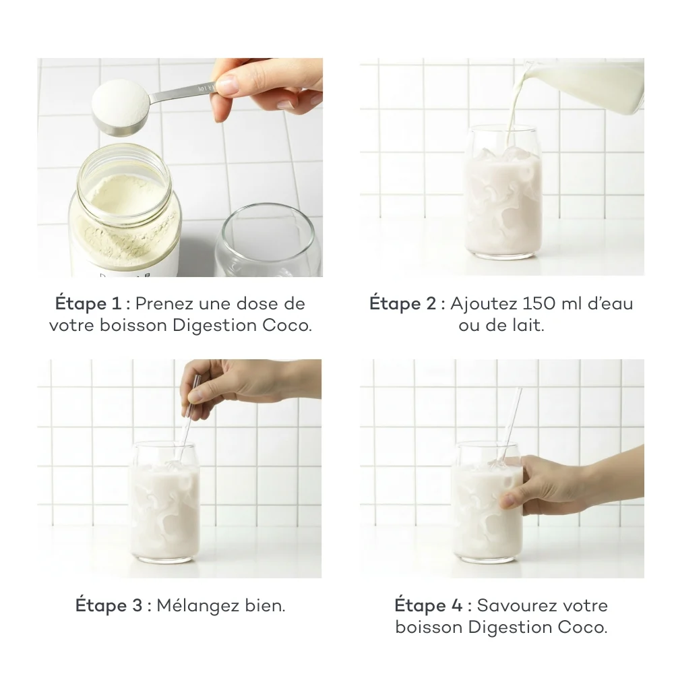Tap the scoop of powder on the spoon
coord(120,104)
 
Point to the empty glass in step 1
coord(267,243)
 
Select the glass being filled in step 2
coord(504,195)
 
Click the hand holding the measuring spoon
coord(270,84)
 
